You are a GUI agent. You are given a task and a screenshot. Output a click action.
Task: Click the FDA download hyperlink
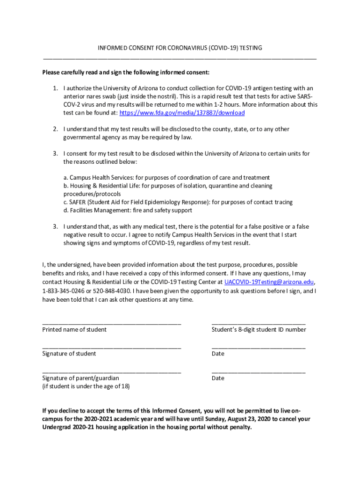[x=182, y=113]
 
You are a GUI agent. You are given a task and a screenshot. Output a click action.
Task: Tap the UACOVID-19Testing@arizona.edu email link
[x=269, y=282]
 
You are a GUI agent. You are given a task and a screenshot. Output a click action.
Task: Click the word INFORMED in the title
[x=111, y=48]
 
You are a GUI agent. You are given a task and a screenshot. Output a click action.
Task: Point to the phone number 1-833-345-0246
[x=65, y=291]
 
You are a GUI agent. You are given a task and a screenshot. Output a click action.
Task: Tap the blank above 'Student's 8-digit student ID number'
[x=258, y=323]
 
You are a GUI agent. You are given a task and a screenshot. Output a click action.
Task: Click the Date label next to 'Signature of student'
[x=218, y=354]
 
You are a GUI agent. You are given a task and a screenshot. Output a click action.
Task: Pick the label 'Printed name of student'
[x=74, y=330]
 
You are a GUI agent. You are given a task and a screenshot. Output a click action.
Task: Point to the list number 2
[x=55, y=129]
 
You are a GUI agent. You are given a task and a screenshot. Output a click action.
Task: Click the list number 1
[x=55, y=88]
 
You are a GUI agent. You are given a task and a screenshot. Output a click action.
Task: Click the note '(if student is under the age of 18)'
[x=86, y=386]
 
